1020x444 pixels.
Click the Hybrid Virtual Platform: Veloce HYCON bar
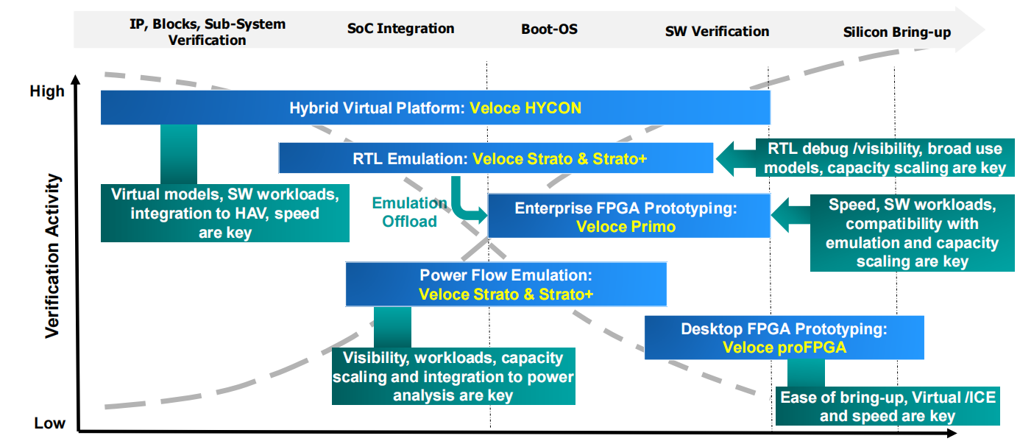tap(436, 108)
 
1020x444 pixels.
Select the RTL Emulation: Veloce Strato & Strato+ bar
tap(496, 158)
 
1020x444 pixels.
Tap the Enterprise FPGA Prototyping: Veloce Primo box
tap(628, 216)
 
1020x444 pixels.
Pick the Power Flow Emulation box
tap(506, 284)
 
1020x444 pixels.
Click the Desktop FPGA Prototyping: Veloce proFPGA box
tap(784, 337)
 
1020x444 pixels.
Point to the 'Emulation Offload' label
tap(409, 212)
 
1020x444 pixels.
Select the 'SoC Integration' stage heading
tap(400, 28)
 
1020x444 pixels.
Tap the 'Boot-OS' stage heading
tap(549, 29)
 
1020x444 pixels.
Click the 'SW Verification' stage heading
tap(718, 31)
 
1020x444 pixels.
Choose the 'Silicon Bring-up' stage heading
tap(897, 32)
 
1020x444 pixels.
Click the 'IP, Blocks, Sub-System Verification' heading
tap(208, 32)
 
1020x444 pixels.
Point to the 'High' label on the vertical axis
tap(47, 91)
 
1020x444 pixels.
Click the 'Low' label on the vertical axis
tap(49, 423)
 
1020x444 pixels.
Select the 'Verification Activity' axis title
tap(52, 256)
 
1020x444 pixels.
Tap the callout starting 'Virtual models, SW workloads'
tap(225, 213)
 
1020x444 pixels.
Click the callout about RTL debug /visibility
tap(885, 158)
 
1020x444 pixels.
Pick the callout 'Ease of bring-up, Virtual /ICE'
tap(888, 406)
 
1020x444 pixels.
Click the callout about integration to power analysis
tap(453, 376)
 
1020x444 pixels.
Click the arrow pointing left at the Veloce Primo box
tap(790, 216)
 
